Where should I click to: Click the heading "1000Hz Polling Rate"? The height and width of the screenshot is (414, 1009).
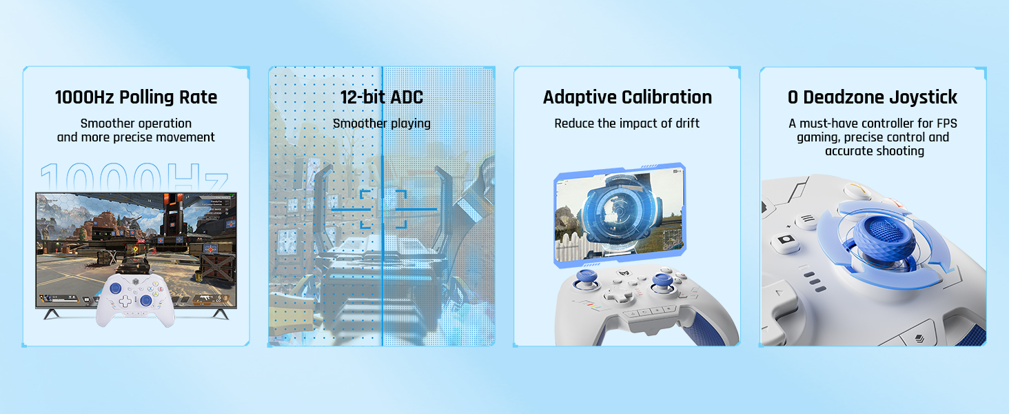(136, 97)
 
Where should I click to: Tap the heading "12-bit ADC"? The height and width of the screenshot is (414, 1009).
(382, 97)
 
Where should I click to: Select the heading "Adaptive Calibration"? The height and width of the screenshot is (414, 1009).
(627, 97)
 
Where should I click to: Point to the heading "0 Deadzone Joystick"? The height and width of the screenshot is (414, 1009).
(873, 97)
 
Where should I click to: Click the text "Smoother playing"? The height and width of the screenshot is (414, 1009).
(382, 124)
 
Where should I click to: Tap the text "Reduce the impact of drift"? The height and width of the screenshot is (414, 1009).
(627, 124)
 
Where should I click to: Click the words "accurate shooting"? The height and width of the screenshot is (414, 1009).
(875, 151)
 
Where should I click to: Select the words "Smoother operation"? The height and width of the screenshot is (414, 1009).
(136, 124)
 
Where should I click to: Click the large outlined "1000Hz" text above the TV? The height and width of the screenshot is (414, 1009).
(134, 177)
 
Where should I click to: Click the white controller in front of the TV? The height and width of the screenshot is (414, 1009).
(135, 299)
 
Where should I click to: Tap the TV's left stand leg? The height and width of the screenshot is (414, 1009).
(51, 314)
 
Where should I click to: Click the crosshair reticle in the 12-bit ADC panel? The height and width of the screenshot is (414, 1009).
(384, 209)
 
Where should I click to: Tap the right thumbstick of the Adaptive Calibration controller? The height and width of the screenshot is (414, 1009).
(661, 282)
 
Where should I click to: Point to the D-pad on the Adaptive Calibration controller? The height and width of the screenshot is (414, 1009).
(618, 294)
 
